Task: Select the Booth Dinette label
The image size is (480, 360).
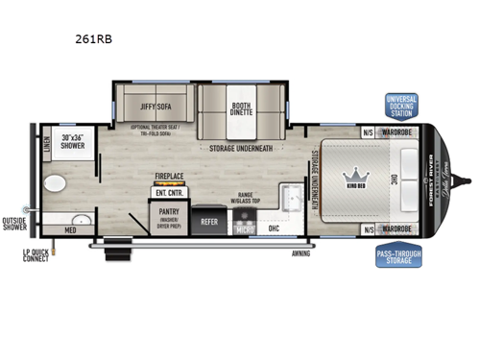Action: (241, 109)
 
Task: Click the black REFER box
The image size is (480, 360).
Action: (207, 221)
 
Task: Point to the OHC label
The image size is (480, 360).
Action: (274, 228)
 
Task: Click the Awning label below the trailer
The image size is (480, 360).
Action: (304, 254)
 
